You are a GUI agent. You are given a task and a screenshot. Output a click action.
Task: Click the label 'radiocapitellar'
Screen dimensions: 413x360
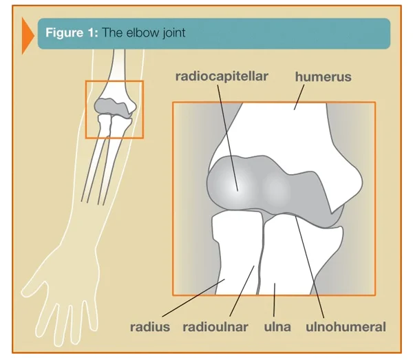222,76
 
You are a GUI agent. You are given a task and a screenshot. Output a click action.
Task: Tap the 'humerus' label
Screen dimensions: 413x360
324,77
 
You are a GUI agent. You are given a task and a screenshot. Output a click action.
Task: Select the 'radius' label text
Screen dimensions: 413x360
150,327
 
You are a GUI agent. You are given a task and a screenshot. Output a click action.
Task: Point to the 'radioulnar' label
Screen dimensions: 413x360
215,327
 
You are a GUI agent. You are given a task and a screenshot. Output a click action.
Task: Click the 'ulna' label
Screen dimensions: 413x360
277,327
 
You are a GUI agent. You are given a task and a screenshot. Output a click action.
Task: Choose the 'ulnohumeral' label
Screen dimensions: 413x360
346,327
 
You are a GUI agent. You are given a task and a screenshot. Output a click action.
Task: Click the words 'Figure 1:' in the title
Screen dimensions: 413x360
72,32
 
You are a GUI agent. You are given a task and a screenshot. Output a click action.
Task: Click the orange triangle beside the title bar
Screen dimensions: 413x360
28,36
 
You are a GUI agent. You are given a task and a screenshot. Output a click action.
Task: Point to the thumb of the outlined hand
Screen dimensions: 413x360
34,282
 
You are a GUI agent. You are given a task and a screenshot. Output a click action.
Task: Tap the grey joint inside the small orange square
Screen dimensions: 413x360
114,107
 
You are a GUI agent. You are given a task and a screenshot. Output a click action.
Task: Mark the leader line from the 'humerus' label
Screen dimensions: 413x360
299,97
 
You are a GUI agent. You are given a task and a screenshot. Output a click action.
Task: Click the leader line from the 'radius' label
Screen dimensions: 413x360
193,297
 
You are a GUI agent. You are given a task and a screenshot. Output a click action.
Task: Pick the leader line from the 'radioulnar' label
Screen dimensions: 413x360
242,291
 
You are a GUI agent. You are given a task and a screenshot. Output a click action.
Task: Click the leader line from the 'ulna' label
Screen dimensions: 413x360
274,300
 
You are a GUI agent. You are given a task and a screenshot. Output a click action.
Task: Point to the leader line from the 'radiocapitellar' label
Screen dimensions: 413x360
228,138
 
